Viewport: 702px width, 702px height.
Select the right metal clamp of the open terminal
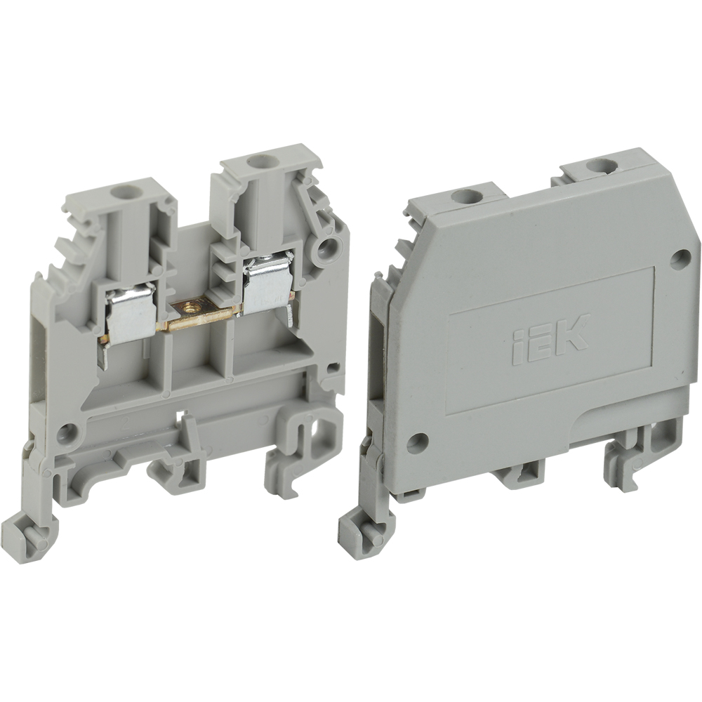(267, 284)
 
